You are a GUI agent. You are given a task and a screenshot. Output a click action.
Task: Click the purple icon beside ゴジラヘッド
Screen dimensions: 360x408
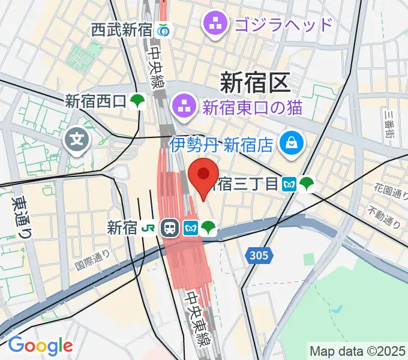pos(214,25)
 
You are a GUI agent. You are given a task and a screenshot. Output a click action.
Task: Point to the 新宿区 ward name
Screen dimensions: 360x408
pos(255,82)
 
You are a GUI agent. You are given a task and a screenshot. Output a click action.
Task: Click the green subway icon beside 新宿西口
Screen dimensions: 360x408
pos(137,101)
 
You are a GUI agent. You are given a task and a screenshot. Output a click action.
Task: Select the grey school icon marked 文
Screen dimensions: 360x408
pos(77,142)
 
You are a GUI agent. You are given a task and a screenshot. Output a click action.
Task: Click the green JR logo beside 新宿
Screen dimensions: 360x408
pos(148,227)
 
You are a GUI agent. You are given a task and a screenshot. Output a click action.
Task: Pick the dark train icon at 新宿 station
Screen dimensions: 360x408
pos(170,227)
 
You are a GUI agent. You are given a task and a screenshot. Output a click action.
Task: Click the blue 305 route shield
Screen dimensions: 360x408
pos(259,256)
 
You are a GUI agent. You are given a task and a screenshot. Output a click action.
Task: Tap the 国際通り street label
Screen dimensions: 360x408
pos(92,259)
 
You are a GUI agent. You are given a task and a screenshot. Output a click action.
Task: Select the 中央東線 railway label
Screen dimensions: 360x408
pos(196,319)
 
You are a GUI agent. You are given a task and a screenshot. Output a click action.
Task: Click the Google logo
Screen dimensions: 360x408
pos(40,346)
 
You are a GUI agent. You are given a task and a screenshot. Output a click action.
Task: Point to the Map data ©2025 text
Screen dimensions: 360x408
pos(357,350)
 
